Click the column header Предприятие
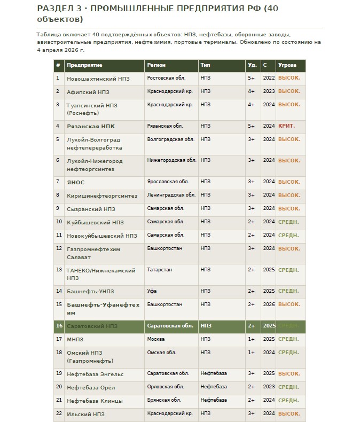click(x=84, y=65)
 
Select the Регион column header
click(x=156, y=65)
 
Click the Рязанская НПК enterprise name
click(x=91, y=126)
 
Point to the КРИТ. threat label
click(x=286, y=126)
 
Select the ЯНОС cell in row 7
click(x=75, y=182)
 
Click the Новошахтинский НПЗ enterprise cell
click(x=91, y=79)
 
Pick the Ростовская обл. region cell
click(x=166, y=78)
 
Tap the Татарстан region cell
click(x=159, y=270)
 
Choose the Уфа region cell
click(x=152, y=291)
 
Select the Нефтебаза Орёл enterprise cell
click(x=91, y=387)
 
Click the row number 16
click(x=59, y=325)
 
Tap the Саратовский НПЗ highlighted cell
click(x=92, y=326)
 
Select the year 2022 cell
click(x=268, y=78)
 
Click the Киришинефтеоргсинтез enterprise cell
click(x=102, y=196)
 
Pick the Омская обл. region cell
click(x=161, y=352)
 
